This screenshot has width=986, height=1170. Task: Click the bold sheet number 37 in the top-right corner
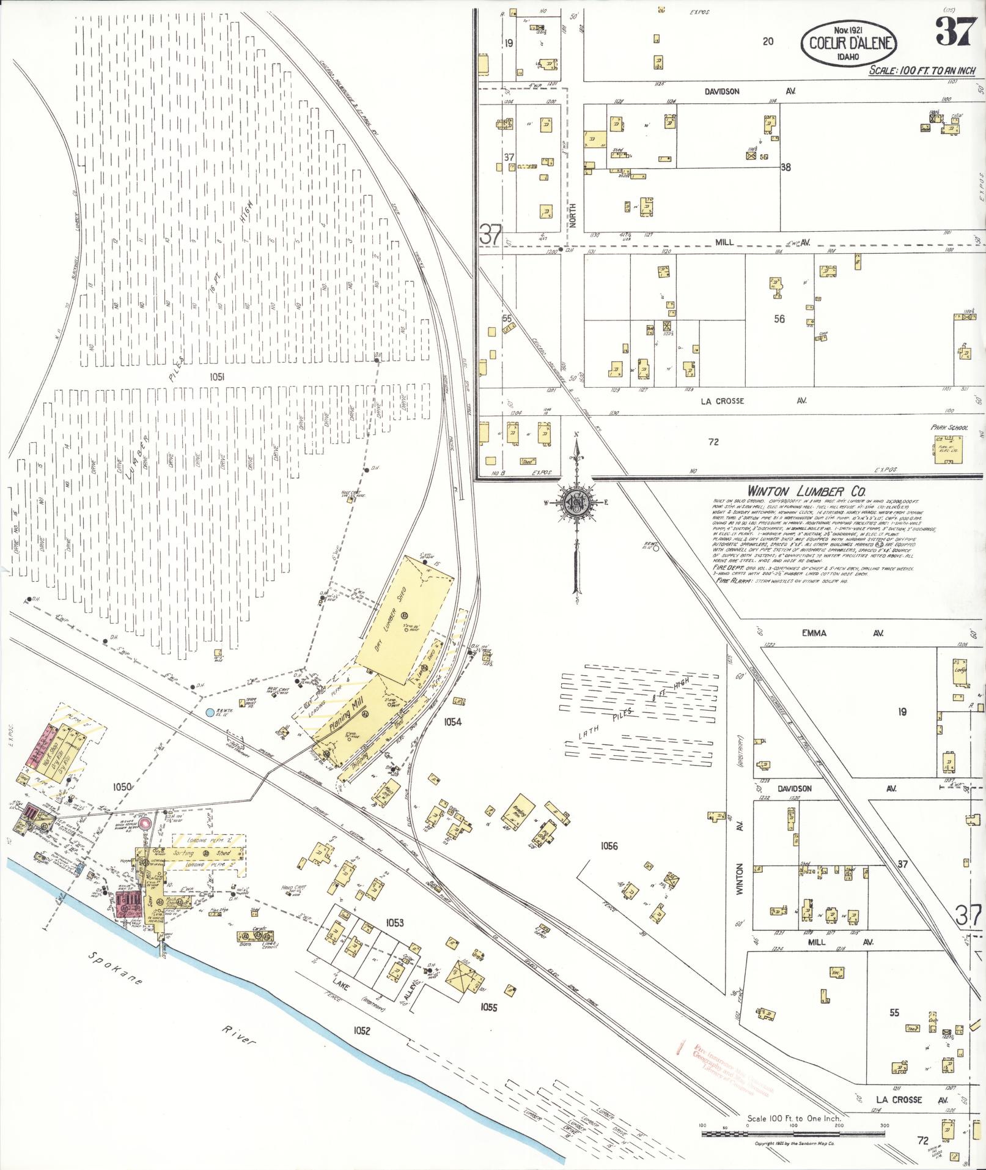[954, 32]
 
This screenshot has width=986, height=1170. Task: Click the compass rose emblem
[575, 502]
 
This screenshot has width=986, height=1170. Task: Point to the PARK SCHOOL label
[948, 428]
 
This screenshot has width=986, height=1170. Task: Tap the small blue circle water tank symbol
[210, 713]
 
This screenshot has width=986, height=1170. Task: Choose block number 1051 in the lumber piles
[215, 377]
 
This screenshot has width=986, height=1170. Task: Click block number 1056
[609, 846]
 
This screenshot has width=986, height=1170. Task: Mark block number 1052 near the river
[361, 1031]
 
